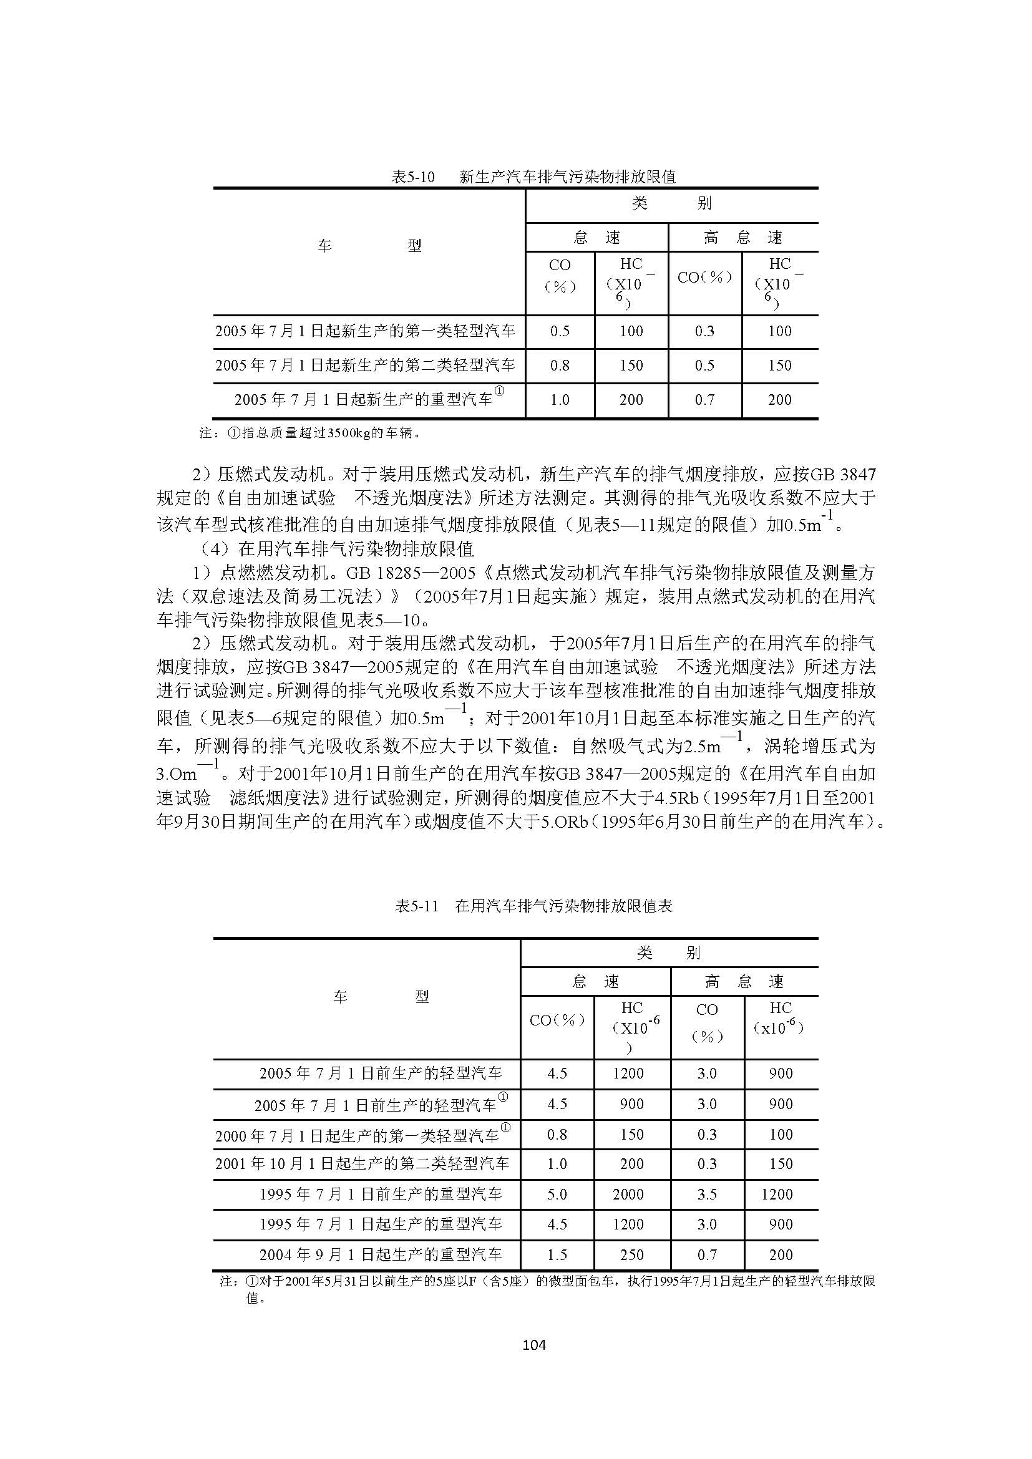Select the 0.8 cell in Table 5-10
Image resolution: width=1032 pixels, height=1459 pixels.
pos(560,366)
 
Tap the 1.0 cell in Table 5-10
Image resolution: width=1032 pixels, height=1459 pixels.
pos(560,400)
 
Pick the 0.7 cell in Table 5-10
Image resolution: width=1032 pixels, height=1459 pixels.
pos(704,400)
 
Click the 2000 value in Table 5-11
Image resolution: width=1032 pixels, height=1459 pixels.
pos(628,1194)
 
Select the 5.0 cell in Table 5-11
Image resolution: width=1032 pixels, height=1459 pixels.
pos(557,1194)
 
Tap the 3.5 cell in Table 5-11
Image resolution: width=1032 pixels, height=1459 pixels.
pos(707,1194)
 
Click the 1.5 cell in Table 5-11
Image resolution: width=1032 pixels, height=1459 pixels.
pos(557,1254)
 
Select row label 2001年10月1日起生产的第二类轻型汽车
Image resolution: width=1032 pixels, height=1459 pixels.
pos(363,1163)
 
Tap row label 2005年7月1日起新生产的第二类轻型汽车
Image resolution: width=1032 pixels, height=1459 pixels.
pos(365,366)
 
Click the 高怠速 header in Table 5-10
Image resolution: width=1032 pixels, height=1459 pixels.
pos(743,238)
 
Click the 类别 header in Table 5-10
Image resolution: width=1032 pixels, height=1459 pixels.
pos(671,203)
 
